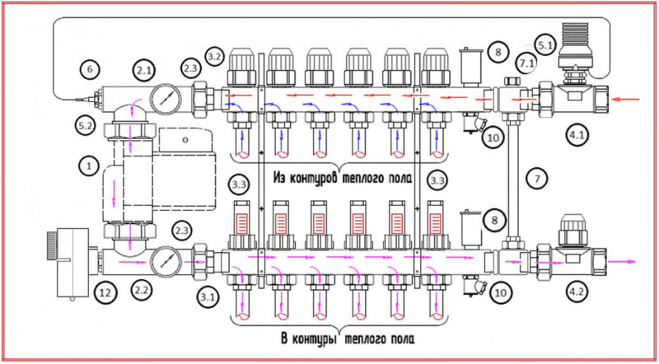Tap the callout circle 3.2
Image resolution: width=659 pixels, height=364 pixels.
point(214,57)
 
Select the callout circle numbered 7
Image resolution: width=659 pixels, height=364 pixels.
point(536,178)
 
